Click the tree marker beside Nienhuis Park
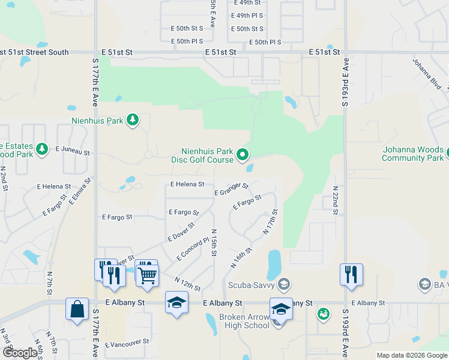point(133,121)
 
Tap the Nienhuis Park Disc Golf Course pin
point(243,155)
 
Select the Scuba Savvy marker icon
point(285,283)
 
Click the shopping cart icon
point(146,275)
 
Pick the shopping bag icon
point(77,310)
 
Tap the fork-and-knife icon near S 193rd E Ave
point(351,274)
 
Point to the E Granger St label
point(231,190)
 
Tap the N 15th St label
point(213,242)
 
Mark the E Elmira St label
point(80,191)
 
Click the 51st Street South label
point(35,52)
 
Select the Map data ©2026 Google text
point(411,355)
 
